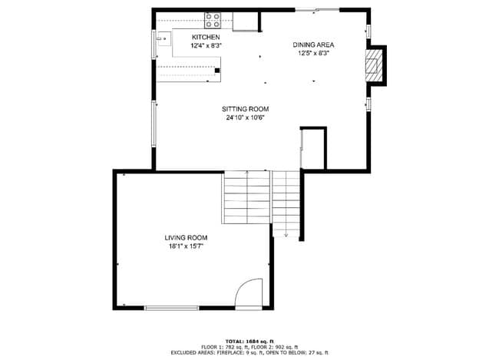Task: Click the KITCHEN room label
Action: coord(206,38)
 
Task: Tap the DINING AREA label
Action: coord(312,45)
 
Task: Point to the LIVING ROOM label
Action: coord(186,238)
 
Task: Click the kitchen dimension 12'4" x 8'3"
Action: coord(206,46)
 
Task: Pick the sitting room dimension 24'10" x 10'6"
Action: coord(245,118)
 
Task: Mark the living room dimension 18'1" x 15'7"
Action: coord(186,246)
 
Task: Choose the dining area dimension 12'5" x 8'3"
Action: coord(312,54)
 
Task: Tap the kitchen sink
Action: coord(161,38)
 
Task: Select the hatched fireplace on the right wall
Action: coord(373,66)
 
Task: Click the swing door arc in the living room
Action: coord(249,295)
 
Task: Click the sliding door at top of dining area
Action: coord(316,10)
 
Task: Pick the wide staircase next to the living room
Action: coord(246,198)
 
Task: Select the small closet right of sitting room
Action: coord(313,148)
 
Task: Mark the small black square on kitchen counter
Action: coord(217,71)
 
